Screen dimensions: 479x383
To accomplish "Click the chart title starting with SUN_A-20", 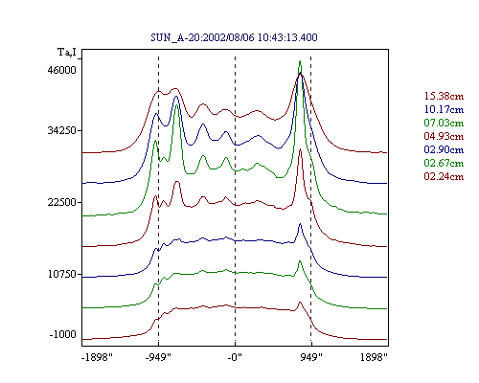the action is pos(234,37).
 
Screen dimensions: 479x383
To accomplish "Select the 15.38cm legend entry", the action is pos(444,96).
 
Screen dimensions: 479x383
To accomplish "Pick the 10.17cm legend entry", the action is pos(444,109).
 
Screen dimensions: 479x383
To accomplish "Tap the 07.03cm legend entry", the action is pos(444,123).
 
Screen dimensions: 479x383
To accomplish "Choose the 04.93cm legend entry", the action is pos(444,136).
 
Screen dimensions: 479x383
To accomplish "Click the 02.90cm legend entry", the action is pos(444,149).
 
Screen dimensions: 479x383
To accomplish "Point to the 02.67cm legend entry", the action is pos(444,163).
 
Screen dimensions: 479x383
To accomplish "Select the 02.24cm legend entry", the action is pos(444,176).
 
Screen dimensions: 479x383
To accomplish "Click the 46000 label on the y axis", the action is pos(62,70).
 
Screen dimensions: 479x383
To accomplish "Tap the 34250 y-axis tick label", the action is pos(62,130).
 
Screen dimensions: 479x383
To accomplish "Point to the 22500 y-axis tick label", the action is pos(62,202).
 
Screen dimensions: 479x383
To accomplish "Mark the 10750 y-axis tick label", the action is pos(62,274).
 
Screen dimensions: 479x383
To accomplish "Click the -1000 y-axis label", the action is pos(63,334).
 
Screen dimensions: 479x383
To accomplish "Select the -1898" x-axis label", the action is pos(98,357).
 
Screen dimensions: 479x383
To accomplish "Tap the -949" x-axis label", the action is pos(158,357).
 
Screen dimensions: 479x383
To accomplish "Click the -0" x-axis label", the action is pos(235,357).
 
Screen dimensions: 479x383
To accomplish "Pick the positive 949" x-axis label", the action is pos(311,357).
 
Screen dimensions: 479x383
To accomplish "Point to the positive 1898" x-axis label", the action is pos(374,357).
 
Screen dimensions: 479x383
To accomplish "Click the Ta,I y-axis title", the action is pos(67,52).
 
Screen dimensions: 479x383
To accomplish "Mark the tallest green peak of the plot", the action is pos(300,61).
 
